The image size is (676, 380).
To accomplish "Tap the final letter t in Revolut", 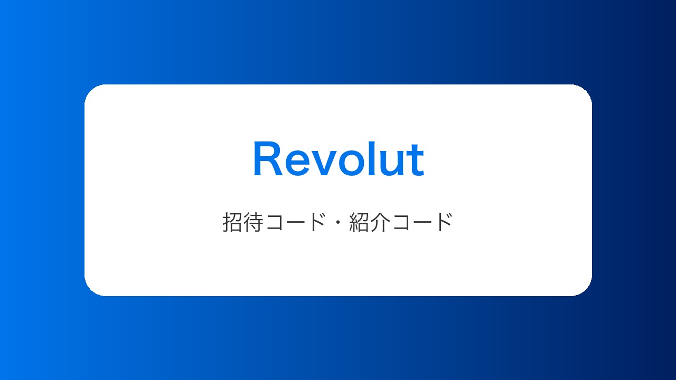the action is pyautogui.click(x=415, y=160).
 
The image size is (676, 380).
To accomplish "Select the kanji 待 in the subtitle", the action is pyautogui.click(x=253, y=222).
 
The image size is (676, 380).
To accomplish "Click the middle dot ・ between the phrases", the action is pyautogui.click(x=337, y=223).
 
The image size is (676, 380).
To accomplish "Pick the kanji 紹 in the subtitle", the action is pyautogui.click(x=359, y=222).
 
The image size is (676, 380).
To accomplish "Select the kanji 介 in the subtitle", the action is pyautogui.click(x=380, y=222).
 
